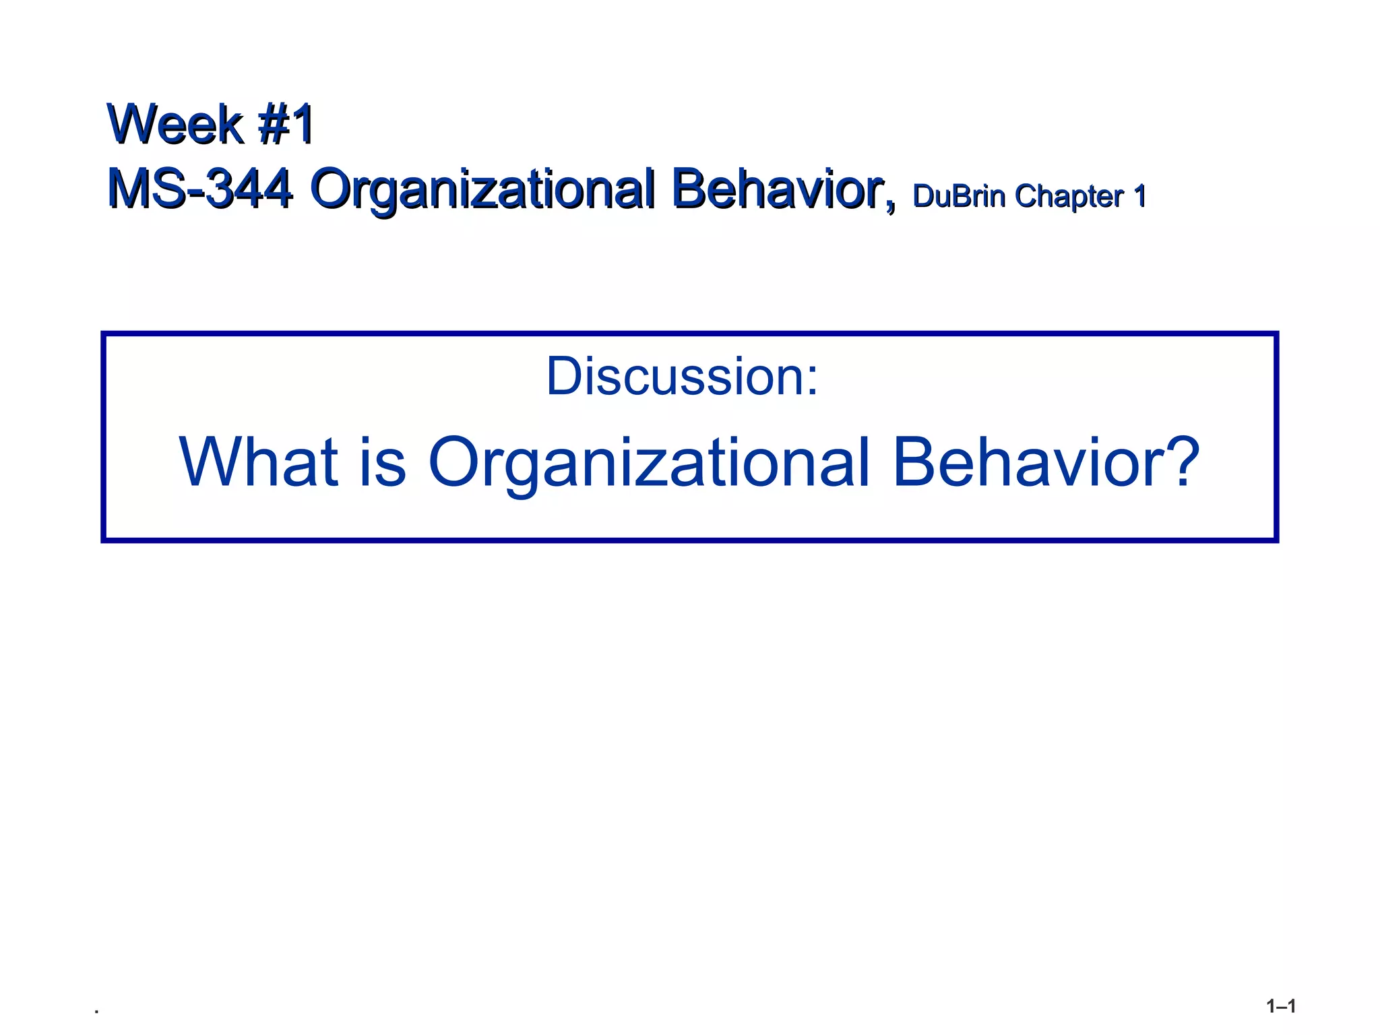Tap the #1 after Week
pos(286,125)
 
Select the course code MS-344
pos(200,189)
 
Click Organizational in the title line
pos(482,190)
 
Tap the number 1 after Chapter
pos(1139,196)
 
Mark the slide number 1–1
pos(1280,1007)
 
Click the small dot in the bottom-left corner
pos(97,1011)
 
